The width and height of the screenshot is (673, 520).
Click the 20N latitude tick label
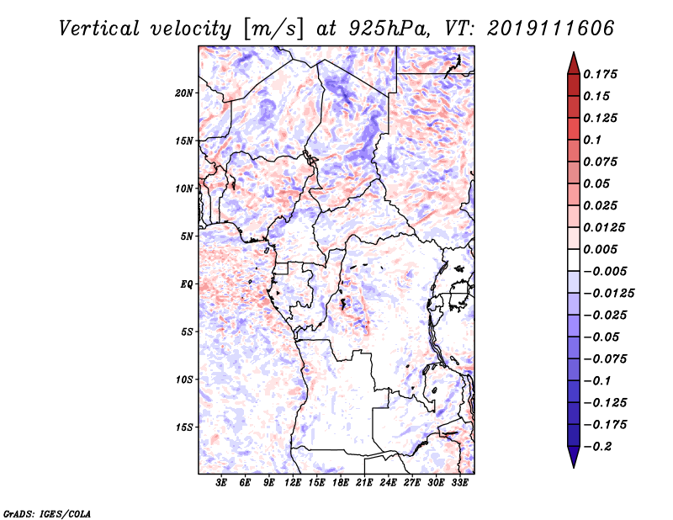point(185,93)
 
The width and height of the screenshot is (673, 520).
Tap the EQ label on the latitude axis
point(187,284)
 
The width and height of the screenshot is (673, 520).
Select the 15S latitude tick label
point(185,427)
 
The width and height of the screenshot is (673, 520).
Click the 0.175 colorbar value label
point(602,74)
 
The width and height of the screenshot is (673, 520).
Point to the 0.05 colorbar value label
point(597,183)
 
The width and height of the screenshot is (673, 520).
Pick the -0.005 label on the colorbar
point(605,271)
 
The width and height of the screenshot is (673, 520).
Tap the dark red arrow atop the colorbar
point(573,62)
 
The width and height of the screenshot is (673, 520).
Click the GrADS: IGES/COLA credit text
point(35,512)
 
